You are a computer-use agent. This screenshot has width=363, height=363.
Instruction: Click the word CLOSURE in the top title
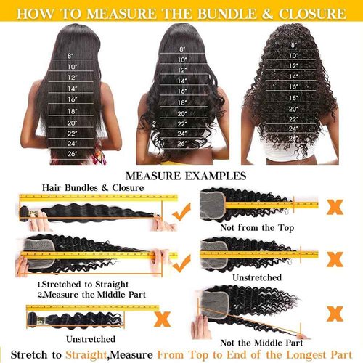click(311, 12)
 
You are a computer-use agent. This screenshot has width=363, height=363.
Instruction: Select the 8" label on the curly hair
click(294, 45)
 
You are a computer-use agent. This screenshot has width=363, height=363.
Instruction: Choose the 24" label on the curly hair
click(294, 128)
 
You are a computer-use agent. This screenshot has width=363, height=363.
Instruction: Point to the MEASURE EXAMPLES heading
click(181, 175)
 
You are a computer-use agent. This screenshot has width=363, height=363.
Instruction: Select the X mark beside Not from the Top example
click(335, 206)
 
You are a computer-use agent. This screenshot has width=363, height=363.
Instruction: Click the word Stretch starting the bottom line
click(33, 355)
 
